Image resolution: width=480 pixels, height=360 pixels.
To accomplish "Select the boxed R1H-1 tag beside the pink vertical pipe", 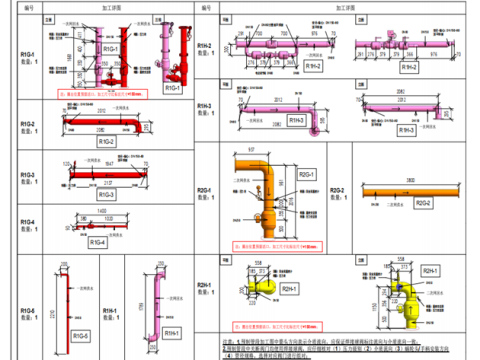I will pyautogui.click(x=171, y=331).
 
